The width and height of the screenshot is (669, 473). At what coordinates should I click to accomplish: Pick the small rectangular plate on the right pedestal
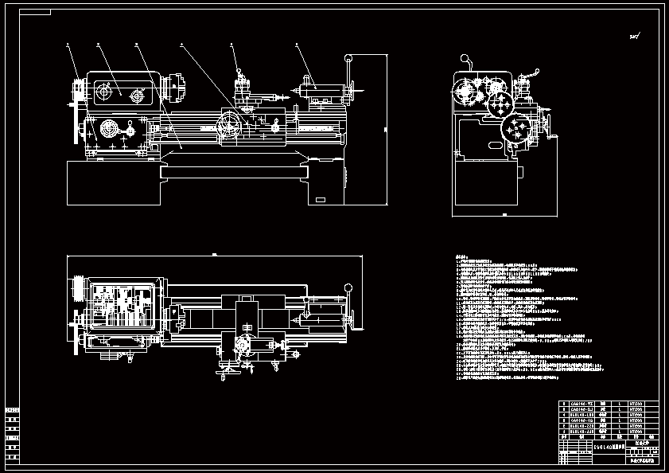tap(320, 199)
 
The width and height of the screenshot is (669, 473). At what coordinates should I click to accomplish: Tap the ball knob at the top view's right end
tap(348, 287)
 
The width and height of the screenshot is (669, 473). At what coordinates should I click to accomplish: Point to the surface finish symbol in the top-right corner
tap(635, 36)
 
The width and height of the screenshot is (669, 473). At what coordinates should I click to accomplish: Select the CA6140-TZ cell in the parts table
tap(582, 405)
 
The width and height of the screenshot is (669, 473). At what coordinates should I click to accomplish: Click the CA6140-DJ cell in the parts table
tap(582, 410)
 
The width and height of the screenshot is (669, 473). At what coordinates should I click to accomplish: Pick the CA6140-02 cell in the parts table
tap(582, 420)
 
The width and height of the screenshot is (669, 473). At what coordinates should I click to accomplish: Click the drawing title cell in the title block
tap(608, 448)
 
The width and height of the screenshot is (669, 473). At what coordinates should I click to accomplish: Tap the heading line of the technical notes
tap(461, 256)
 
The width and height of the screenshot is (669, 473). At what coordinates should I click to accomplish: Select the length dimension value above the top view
tap(214, 254)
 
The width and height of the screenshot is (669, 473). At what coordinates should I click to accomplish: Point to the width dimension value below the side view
tap(504, 215)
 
